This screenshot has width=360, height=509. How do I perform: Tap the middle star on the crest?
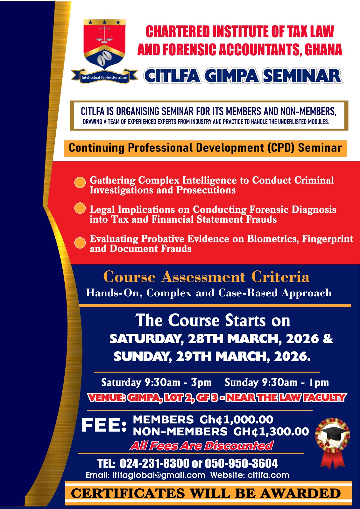(x=104, y=22)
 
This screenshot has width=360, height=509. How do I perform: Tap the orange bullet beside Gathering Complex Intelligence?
(x=80, y=183)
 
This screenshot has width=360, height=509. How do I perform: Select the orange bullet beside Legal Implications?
(x=80, y=208)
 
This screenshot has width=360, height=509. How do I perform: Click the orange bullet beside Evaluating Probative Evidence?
(x=80, y=243)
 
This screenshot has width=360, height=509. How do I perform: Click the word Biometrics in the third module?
(x=273, y=239)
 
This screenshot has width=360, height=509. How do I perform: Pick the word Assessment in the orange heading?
(x=203, y=277)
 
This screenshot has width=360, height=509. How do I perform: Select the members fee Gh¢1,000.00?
(x=236, y=420)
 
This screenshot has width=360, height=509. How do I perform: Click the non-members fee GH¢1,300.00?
(x=271, y=431)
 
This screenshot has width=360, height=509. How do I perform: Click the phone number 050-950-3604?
(x=241, y=463)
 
